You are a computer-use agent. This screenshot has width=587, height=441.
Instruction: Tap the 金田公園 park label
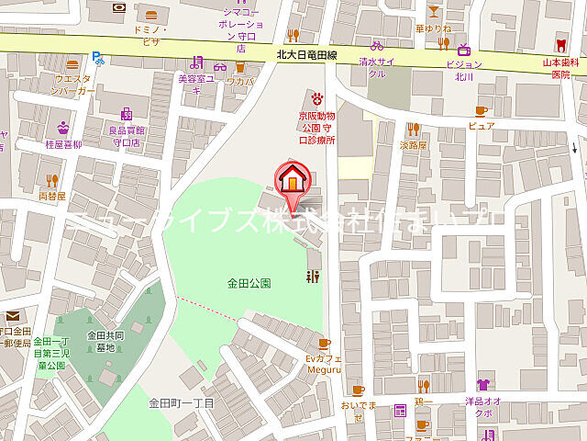coord(249,284)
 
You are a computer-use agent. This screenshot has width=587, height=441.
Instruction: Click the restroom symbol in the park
coord(313,276)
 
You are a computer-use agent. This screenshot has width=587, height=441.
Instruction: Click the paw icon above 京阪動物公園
coord(317,96)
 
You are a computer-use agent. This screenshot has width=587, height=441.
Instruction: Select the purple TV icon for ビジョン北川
coord(463,49)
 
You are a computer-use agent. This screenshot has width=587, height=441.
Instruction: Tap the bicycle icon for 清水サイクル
coord(377,44)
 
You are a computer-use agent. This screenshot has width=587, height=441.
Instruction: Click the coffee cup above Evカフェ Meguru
coord(324,343)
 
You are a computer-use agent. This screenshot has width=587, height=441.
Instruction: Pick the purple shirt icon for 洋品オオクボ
coord(482,385)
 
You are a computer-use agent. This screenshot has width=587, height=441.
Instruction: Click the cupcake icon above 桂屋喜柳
coord(63,128)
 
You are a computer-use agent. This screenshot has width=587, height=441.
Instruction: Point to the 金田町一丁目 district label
coord(182,403)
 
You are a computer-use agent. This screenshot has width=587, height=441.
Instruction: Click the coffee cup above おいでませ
coord(357,390)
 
